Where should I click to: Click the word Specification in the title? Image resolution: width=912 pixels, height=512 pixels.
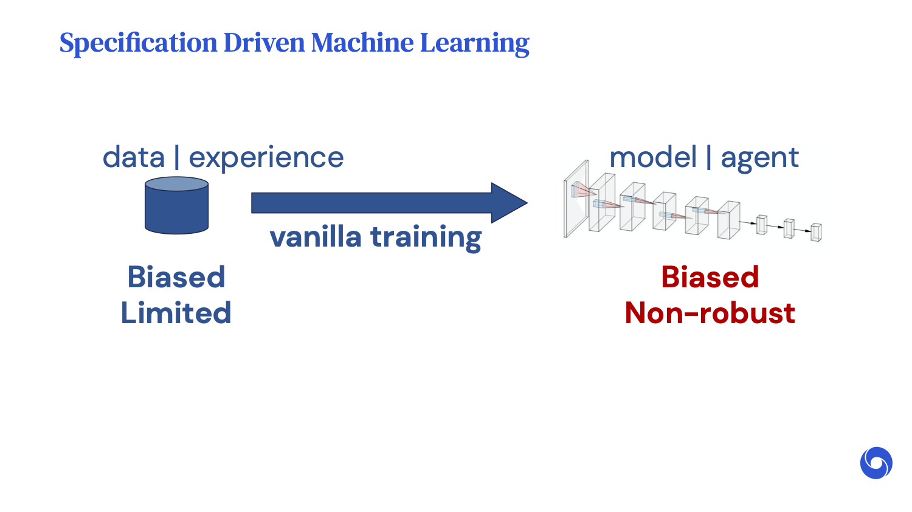(x=138, y=43)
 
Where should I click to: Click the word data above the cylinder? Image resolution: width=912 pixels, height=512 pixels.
(x=134, y=157)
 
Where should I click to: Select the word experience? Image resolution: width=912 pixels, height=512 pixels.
(x=266, y=158)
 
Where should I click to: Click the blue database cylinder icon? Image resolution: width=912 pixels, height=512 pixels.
(x=176, y=210)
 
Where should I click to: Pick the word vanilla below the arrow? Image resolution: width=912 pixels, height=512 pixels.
(x=315, y=236)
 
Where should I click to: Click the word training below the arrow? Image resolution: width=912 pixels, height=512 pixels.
(x=426, y=237)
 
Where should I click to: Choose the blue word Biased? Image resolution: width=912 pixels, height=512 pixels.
(x=176, y=277)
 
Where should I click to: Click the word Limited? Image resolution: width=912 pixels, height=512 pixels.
(x=176, y=313)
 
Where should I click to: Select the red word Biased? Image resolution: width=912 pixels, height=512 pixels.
(x=710, y=277)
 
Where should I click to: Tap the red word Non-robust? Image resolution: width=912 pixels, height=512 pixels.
(x=710, y=313)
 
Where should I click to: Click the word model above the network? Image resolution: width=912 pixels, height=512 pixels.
(x=652, y=157)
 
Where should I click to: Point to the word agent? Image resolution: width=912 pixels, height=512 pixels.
(x=759, y=159)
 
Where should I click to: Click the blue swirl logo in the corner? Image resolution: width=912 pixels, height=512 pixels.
(x=876, y=463)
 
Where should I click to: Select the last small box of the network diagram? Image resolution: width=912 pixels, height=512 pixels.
(x=816, y=232)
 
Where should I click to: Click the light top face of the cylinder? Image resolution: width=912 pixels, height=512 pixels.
(x=176, y=184)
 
